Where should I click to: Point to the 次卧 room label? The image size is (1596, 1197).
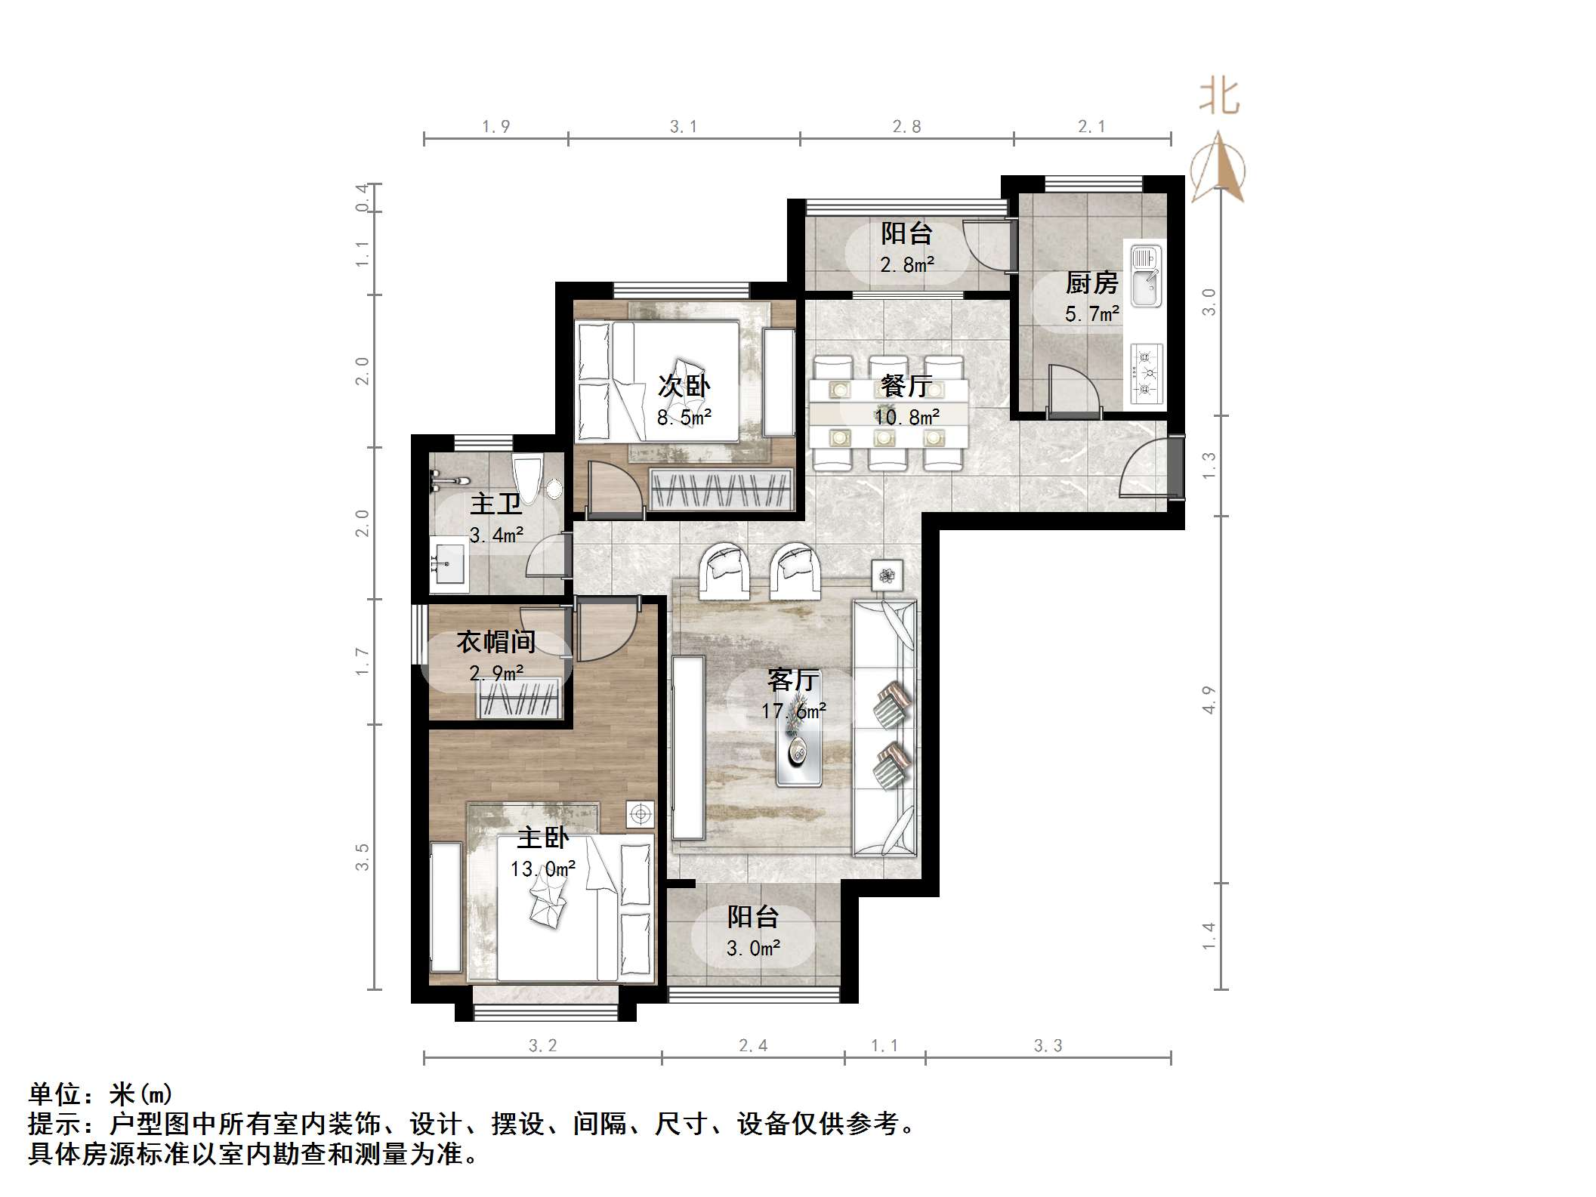point(684,386)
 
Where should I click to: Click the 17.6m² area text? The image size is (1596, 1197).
point(793,711)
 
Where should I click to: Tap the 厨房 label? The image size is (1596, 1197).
point(1091,283)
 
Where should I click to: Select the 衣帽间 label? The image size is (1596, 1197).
point(495,642)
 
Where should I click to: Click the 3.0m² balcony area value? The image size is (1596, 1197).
point(753,948)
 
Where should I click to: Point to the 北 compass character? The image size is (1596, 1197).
point(1218,97)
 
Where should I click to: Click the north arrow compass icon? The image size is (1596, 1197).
point(1217,169)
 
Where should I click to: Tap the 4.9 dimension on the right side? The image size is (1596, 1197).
point(1209,699)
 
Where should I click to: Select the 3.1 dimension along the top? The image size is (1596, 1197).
point(683,127)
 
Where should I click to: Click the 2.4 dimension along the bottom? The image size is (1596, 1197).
point(753,1045)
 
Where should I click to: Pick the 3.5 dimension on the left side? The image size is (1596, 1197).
point(363,856)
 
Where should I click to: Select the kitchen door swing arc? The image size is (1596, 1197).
point(1073,390)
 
